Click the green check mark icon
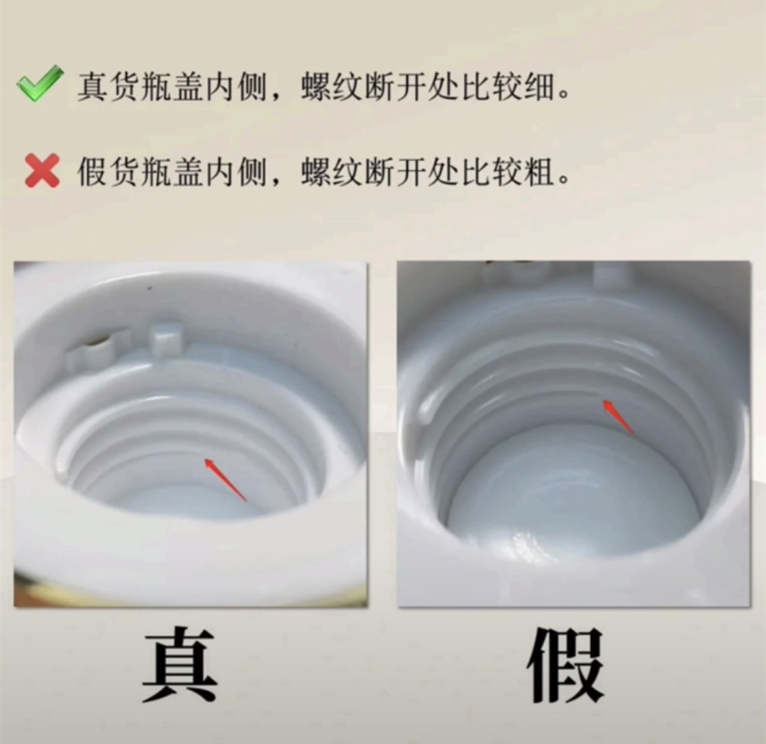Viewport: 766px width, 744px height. point(40,84)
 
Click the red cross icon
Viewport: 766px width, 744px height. point(43,170)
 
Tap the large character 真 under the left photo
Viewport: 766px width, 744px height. point(179,665)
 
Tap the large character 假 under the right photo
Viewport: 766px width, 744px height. point(566,665)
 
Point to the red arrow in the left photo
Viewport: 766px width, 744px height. point(226,480)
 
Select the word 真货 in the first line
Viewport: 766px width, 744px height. point(108,88)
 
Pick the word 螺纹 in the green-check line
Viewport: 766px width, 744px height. point(331,88)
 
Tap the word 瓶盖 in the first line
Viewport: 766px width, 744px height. point(172,88)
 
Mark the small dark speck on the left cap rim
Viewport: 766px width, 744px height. point(149,289)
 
